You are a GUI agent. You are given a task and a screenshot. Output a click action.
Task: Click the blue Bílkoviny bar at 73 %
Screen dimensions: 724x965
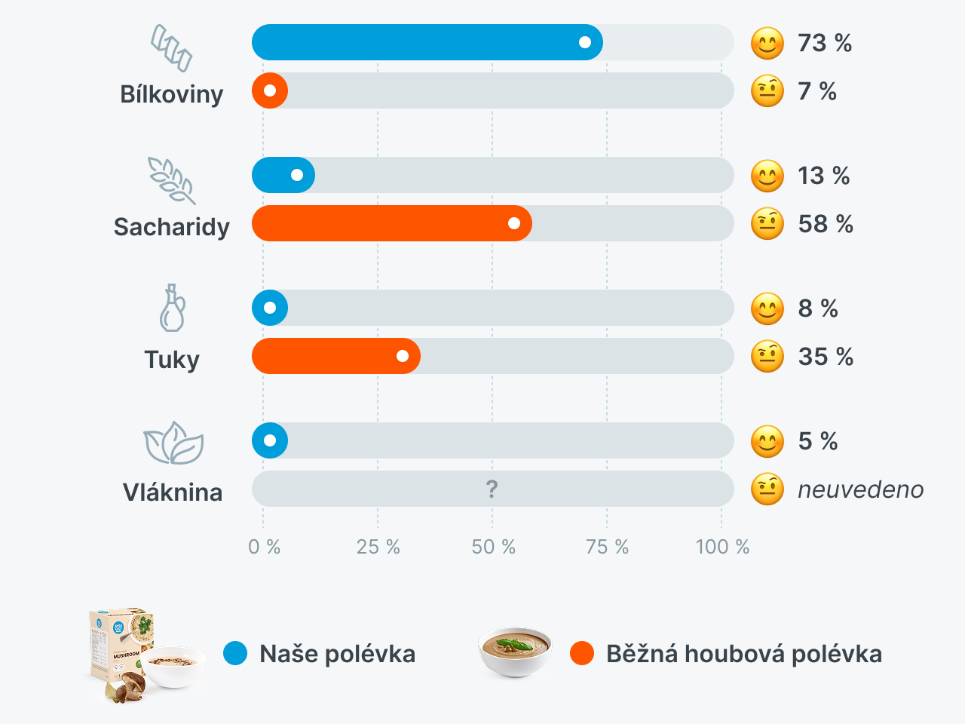tap(427, 42)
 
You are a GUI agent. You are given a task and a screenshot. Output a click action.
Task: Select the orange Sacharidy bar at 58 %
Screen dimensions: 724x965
tap(391, 223)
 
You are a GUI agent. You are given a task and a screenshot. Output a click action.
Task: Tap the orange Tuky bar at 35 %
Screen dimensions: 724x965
tap(335, 356)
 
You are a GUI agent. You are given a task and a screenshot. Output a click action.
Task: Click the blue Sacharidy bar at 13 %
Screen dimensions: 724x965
tap(283, 175)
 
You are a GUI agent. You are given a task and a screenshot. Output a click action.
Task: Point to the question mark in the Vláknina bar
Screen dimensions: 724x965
tap(492, 489)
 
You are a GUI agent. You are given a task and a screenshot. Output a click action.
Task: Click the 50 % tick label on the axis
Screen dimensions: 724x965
tap(493, 547)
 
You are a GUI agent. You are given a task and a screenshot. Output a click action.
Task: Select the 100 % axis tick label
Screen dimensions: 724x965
tap(721, 547)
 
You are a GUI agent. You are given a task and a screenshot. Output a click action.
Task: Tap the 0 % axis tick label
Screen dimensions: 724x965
tap(264, 547)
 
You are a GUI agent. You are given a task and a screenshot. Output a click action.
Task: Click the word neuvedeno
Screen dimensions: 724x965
tap(860, 489)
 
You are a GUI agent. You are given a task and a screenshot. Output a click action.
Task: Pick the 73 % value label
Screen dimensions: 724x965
tap(825, 43)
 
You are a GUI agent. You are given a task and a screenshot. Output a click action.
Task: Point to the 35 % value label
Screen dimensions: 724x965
tap(826, 357)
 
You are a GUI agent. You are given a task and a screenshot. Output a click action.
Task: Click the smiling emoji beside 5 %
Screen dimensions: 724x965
tap(767, 441)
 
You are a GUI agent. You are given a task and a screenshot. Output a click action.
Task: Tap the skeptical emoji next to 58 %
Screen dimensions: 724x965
tap(767, 224)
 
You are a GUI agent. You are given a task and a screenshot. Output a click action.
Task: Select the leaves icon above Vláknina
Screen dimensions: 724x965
tap(173, 443)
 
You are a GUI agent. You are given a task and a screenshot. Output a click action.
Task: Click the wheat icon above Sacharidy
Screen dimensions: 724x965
tap(172, 180)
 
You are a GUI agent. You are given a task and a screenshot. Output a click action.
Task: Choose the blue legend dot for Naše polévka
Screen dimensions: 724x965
tap(235, 653)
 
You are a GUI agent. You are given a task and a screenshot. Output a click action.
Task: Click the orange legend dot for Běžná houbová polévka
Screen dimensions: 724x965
tap(582, 653)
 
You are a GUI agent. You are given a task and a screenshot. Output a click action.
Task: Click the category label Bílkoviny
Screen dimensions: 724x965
tap(172, 94)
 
